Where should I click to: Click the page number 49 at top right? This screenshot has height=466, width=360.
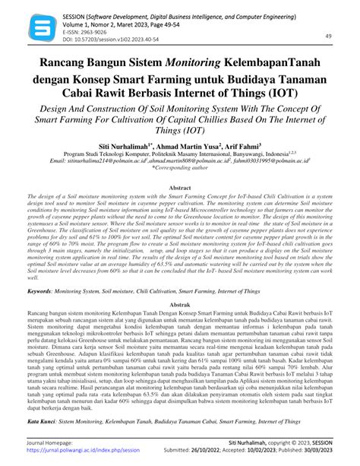coord(329,36)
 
